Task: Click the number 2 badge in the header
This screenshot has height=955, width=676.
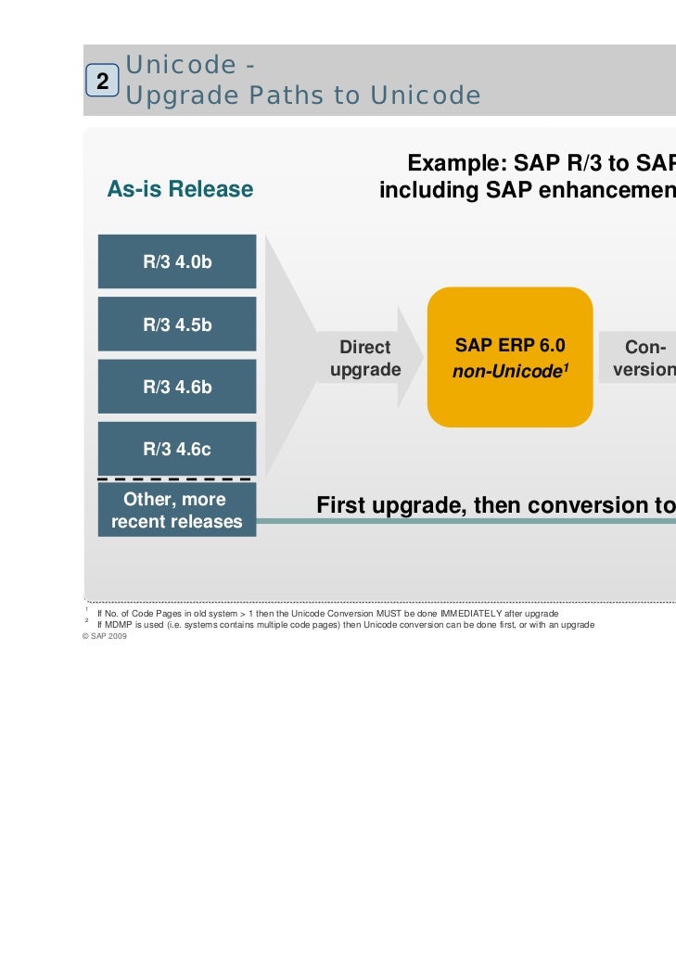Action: [x=103, y=81]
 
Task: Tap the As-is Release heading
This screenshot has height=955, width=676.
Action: [x=180, y=190]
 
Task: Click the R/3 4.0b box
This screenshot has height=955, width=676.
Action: [x=177, y=261]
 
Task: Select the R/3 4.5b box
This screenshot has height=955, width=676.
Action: [x=177, y=325]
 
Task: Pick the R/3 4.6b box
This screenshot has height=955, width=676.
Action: [x=177, y=387]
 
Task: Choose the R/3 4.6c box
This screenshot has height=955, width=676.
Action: [x=177, y=449]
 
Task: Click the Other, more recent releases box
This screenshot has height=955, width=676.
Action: [x=176, y=510]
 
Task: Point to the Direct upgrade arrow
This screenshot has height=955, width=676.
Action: [x=366, y=359]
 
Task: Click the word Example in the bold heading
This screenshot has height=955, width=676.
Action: [x=453, y=165]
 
